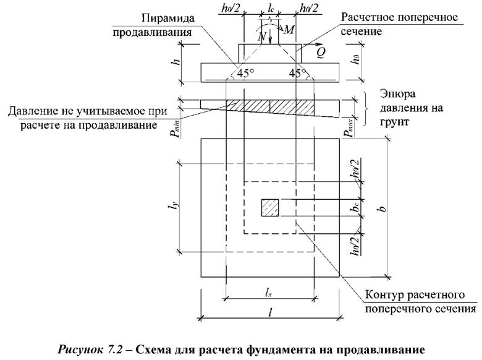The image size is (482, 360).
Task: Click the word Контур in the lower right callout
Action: point(386,294)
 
